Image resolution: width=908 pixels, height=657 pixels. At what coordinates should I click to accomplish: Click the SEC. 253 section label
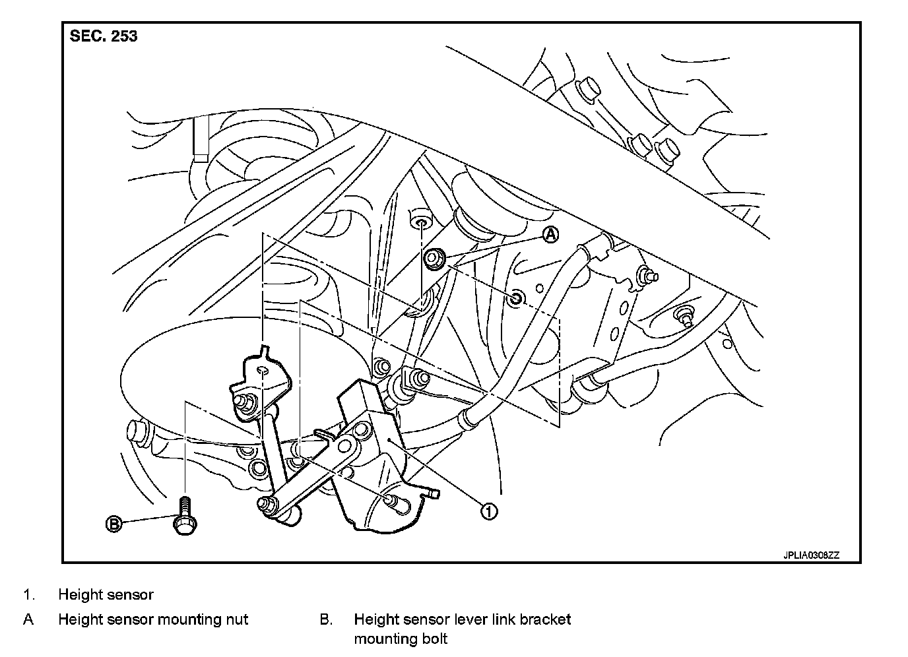pyautogui.click(x=104, y=36)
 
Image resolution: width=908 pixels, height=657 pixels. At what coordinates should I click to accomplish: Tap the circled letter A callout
pyautogui.click(x=551, y=234)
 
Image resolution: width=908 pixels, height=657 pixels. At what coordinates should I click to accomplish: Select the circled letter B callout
pyautogui.click(x=114, y=524)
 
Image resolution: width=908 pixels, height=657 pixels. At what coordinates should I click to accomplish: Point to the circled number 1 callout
pyautogui.click(x=488, y=511)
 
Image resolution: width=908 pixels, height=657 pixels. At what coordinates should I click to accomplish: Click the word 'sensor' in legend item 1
pyautogui.click(x=132, y=595)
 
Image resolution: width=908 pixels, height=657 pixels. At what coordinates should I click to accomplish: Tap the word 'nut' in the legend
pyautogui.click(x=237, y=619)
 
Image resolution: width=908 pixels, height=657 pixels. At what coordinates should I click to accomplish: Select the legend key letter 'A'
pyautogui.click(x=28, y=619)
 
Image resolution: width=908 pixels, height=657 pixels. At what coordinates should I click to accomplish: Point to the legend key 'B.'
pyautogui.click(x=326, y=619)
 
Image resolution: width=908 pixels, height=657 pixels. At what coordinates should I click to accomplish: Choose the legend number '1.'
pyautogui.click(x=28, y=595)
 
